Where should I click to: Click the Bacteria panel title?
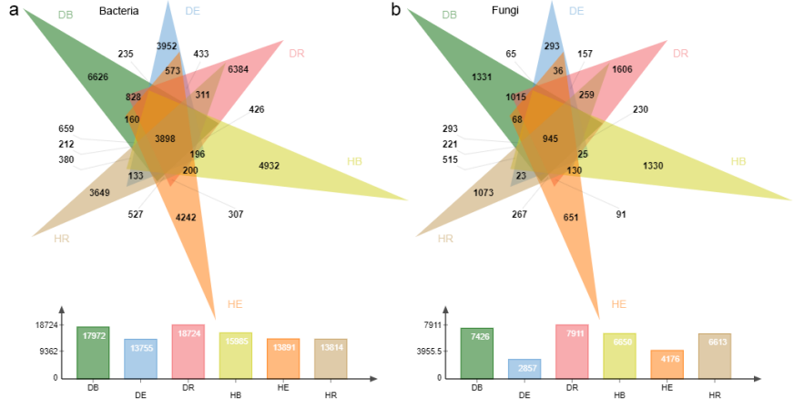point(118,13)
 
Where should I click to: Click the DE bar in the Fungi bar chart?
point(524,368)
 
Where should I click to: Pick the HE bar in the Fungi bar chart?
point(667,363)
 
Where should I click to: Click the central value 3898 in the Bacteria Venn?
point(166,138)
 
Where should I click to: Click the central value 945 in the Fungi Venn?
point(550,138)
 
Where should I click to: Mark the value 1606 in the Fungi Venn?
point(623,69)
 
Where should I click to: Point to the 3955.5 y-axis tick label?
point(427,351)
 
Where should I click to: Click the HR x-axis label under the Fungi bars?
point(715,394)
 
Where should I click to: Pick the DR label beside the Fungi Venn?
point(681,54)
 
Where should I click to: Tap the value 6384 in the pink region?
point(239,69)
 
